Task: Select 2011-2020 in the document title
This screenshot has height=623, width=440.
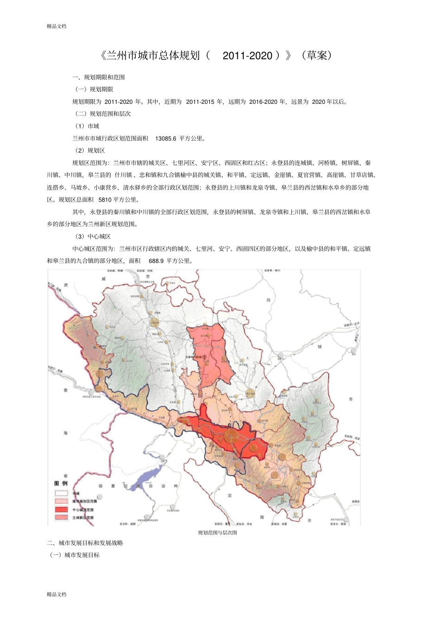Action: pyautogui.click(x=247, y=56)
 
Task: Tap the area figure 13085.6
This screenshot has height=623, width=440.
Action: pyautogui.click(x=165, y=139)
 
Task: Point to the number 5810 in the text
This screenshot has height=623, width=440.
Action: pyautogui.click(x=105, y=200)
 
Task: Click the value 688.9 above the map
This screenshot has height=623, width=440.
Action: pyautogui.click(x=156, y=261)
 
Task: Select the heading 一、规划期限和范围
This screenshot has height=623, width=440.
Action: pyautogui.click(x=99, y=77)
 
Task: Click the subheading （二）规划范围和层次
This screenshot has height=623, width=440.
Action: pyautogui.click(x=102, y=114)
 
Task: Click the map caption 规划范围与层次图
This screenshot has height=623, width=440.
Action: pyautogui.click(x=217, y=533)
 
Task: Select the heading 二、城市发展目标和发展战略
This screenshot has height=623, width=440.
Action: pyautogui.click(x=85, y=543)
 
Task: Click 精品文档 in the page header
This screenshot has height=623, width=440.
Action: pyautogui.click(x=57, y=26)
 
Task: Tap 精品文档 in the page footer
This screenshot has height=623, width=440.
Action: pyautogui.click(x=57, y=594)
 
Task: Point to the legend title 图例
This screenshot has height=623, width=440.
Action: pyautogui.click(x=61, y=483)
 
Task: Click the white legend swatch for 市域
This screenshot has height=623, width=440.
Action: pyautogui.click(x=61, y=493)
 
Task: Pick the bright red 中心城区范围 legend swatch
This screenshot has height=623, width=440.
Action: pyautogui.click(x=61, y=509)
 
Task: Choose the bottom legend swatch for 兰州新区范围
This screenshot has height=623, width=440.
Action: pyautogui.click(x=61, y=517)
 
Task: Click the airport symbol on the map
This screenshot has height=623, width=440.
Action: pyautogui.click(x=204, y=356)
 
